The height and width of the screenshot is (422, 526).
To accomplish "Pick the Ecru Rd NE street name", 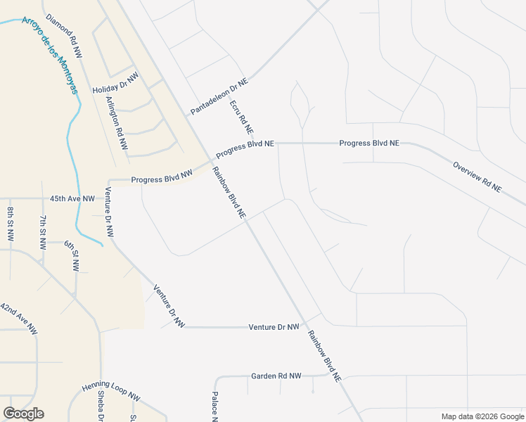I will click(241, 117).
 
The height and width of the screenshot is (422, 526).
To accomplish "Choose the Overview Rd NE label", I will click(477, 177).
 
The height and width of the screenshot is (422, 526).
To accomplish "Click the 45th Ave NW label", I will click(72, 199).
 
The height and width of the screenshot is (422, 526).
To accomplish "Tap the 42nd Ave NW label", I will click(19, 319).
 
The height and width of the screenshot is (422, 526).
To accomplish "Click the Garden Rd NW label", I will click(276, 376).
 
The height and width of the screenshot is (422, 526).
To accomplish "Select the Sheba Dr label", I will click(101, 407).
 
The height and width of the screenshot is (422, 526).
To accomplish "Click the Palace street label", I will click(215, 407).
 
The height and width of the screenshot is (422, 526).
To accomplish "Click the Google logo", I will click(23, 414).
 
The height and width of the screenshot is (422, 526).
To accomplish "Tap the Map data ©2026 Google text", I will click(482, 416).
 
